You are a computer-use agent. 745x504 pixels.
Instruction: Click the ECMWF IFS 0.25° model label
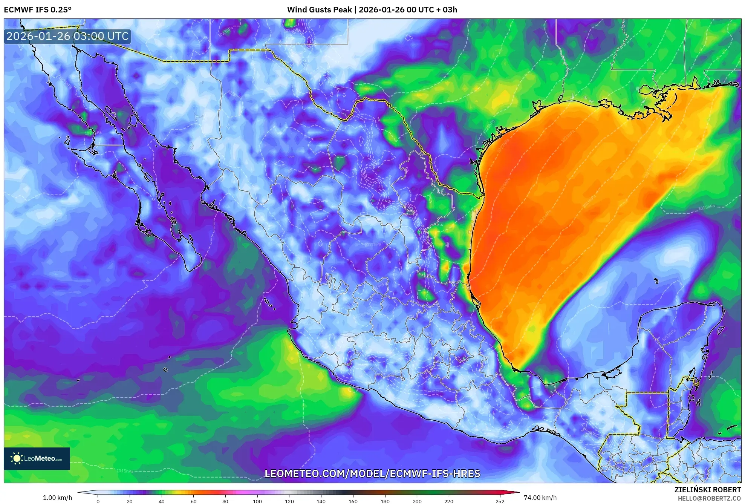tap(38, 10)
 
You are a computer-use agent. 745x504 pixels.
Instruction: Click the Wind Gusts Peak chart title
tap(372, 10)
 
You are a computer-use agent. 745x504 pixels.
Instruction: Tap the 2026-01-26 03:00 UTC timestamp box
tap(67, 36)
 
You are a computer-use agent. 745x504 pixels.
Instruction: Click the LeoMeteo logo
tap(37, 458)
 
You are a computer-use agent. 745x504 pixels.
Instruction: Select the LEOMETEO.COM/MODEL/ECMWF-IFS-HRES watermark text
tap(372, 473)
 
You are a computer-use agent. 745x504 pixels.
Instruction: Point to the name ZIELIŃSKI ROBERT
tap(707, 490)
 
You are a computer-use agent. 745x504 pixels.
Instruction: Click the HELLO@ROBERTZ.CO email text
tap(709, 498)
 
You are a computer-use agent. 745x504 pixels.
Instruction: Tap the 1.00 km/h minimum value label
tap(57, 498)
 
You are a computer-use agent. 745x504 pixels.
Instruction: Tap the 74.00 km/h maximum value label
tap(540, 498)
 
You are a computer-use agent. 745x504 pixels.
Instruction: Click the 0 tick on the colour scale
tap(98, 501)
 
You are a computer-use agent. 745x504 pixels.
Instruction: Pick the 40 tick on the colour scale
tap(162, 501)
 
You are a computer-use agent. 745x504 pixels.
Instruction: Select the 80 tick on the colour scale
tap(225, 501)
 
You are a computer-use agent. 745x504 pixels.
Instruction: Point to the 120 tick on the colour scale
tap(289, 501)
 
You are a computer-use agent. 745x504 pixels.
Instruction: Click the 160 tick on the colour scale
tap(353, 501)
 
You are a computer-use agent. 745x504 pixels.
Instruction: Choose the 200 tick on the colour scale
tap(417, 501)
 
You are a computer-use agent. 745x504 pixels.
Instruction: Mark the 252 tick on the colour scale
tap(500, 501)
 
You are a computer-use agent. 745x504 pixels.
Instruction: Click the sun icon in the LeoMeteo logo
tap(17, 458)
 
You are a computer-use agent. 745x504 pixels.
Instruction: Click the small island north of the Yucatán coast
tap(656, 281)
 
